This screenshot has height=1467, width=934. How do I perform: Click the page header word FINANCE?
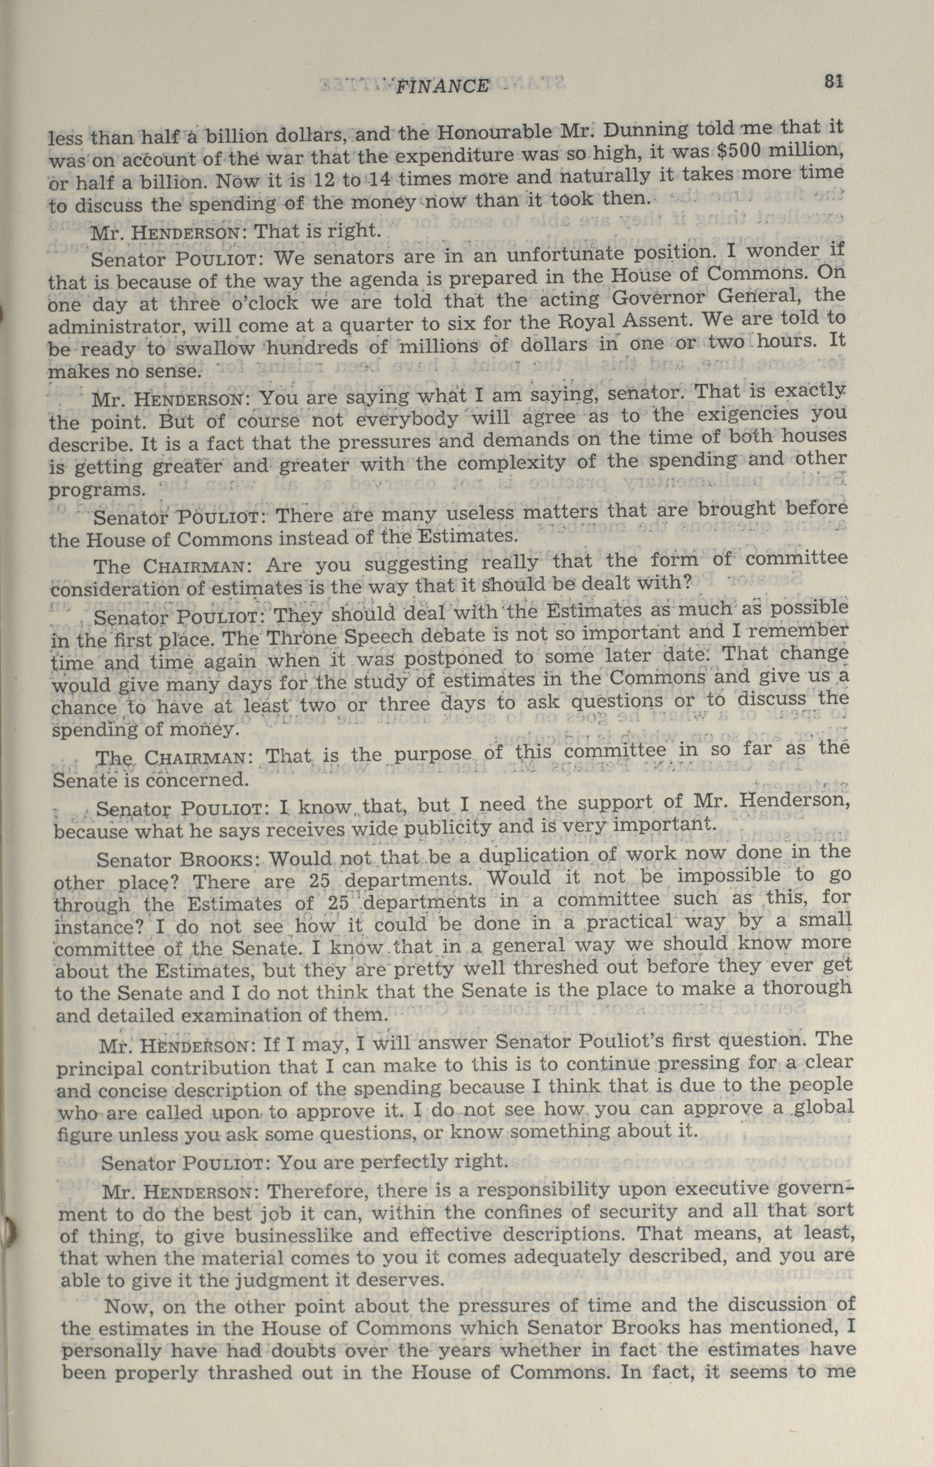(442, 87)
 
